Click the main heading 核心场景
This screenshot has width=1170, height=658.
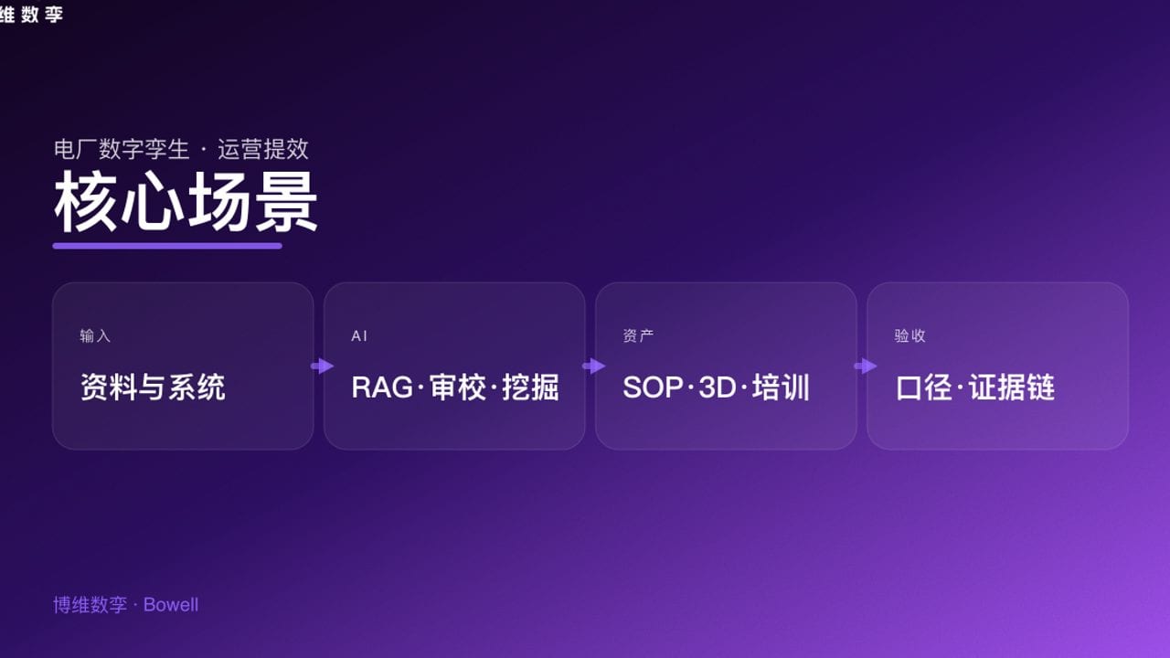click(x=186, y=202)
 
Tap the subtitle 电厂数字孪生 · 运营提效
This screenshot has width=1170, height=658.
click(x=181, y=149)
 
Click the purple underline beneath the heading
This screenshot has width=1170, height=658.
click(x=167, y=245)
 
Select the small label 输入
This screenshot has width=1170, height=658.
click(x=95, y=336)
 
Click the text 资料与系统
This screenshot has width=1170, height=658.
click(x=153, y=387)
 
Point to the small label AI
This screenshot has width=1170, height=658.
click(x=359, y=336)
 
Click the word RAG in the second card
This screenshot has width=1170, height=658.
click(x=382, y=387)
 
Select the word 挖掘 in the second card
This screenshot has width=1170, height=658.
click(x=530, y=387)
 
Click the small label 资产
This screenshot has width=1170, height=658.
click(x=638, y=336)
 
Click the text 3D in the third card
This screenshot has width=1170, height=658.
click(x=718, y=387)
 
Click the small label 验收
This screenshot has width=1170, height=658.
click(x=909, y=336)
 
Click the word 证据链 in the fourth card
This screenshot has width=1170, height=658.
click(x=1012, y=387)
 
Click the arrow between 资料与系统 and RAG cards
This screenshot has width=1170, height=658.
click(x=323, y=366)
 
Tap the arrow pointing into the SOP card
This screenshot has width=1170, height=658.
click(x=594, y=366)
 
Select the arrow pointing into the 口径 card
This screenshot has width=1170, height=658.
click(x=866, y=366)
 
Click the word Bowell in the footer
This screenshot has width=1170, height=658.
click(x=171, y=605)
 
